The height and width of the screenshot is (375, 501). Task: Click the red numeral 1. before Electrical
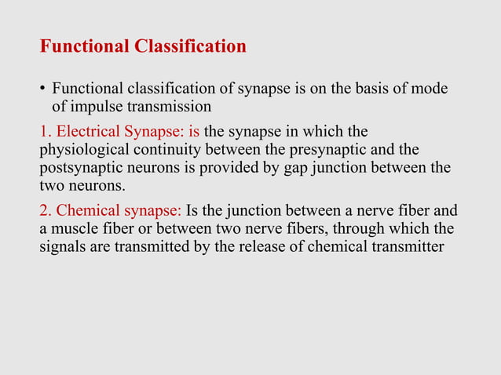coord(46,130)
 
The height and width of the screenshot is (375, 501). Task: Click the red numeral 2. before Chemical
coord(46,210)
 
